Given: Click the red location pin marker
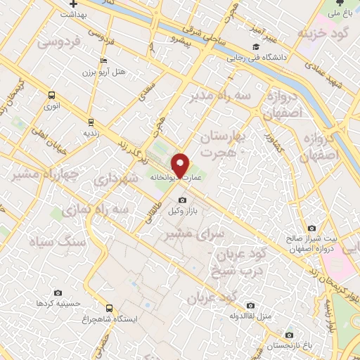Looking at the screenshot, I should tap(181, 164).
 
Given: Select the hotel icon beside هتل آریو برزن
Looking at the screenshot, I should tap(104, 62).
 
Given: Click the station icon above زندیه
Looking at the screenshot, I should tap(90, 121).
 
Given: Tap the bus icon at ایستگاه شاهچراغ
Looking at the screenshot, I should tap(109, 307).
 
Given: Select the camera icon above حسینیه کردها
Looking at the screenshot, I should tap(58, 292).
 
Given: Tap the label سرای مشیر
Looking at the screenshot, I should tap(188, 235).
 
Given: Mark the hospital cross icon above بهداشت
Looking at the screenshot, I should tap(73, 4).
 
